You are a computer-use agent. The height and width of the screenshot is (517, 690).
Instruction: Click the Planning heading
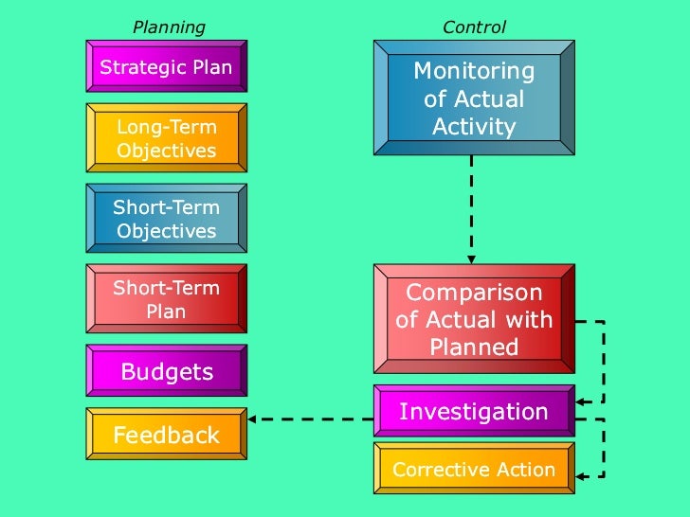[x=169, y=27]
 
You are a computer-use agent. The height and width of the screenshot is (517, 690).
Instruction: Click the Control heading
[x=474, y=27]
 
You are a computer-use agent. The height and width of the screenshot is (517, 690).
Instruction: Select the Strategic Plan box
[x=166, y=67]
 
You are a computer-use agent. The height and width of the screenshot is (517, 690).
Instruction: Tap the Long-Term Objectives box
[x=166, y=138]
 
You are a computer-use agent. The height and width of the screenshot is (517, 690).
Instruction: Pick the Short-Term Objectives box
[x=166, y=219]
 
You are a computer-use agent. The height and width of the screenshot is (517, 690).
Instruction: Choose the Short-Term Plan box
[x=166, y=299]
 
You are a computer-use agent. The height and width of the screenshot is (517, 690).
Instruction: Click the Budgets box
[x=166, y=371]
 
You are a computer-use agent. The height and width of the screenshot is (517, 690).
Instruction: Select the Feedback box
[x=166, y=436]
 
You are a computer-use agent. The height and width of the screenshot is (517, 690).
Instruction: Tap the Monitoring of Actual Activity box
[x=474, y=98]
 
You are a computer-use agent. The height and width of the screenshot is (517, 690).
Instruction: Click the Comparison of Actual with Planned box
[x=474, y=320]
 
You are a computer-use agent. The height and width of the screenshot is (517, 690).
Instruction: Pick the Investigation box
[x=474, y=412]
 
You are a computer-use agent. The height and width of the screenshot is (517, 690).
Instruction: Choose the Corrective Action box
[x=474, y=470]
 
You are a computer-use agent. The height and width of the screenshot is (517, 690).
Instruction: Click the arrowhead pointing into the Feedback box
[x=253, y=419]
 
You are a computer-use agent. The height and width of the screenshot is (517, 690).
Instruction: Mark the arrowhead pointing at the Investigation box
[x=580, y=402]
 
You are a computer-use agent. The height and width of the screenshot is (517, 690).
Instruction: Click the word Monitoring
[x=474, y=71]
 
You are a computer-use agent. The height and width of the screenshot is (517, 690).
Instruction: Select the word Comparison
[x=474, y=293]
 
